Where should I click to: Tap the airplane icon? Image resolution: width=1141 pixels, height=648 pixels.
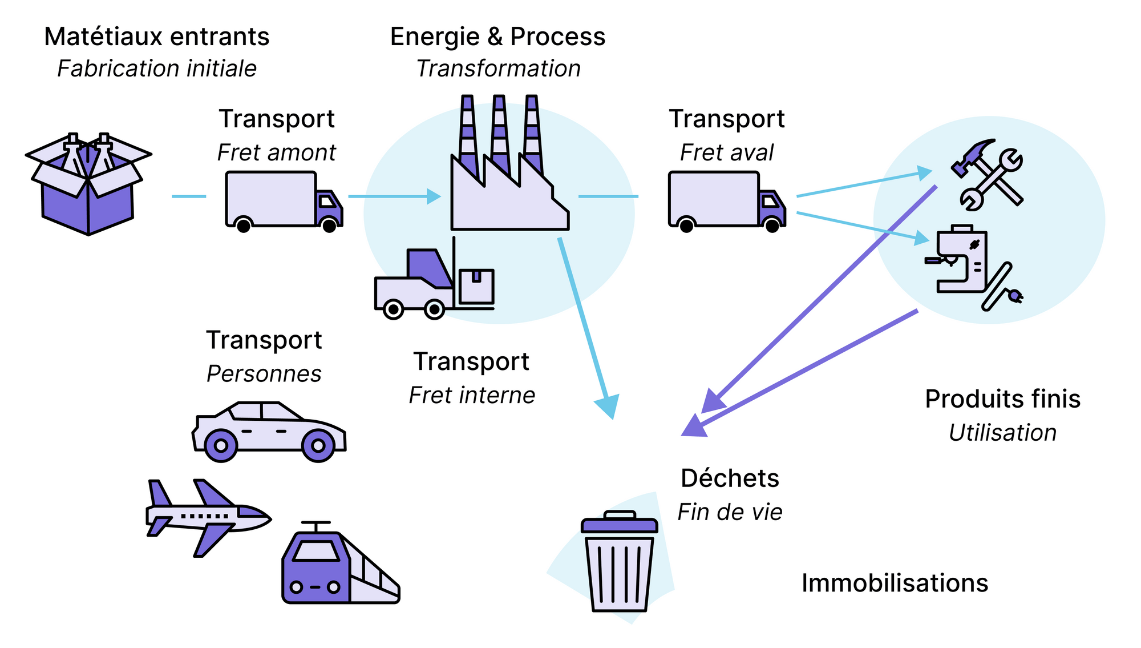pos(208,517)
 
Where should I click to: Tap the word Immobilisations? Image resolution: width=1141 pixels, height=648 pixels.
pos(895,583)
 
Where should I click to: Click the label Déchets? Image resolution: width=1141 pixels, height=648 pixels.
pos(730,478)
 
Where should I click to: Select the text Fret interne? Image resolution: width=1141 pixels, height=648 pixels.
pos(472,395)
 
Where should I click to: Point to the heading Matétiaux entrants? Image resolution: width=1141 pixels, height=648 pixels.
pos(157,37)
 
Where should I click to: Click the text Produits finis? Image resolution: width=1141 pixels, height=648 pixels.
pos(1002,399)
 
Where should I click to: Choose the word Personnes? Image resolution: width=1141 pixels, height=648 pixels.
pos(264,374)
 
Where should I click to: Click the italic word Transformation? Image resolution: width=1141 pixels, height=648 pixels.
pos(498,69)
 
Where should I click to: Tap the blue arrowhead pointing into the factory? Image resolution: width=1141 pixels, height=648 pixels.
pos(434,196)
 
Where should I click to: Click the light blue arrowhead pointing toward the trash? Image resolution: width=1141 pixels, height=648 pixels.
pos(608,406)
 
